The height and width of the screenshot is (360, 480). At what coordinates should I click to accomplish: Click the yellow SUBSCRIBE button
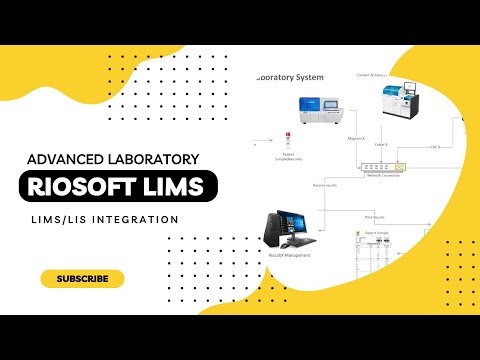point(82,278)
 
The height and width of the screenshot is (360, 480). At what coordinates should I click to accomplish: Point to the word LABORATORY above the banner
point(155,158)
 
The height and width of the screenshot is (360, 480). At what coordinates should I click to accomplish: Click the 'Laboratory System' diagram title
point(290,76)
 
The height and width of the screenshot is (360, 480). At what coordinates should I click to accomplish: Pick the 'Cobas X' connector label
point(380,143)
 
